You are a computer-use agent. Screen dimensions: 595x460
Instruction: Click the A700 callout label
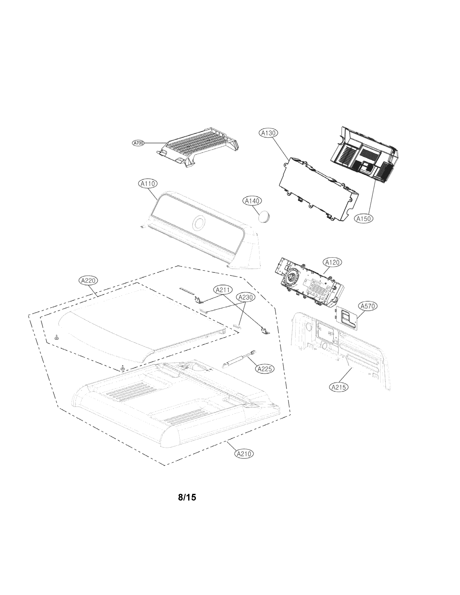pos(138,143)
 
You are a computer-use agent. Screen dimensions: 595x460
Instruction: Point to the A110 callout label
pos(148,184)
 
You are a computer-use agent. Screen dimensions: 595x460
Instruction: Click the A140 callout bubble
pos(252,201)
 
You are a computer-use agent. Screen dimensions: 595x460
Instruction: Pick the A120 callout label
pos(332,262)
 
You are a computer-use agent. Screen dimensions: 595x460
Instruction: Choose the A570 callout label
pos(368,306)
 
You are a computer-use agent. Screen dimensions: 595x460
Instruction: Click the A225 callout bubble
pos(265,369)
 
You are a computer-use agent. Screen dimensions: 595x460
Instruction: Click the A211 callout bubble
pos(223,290)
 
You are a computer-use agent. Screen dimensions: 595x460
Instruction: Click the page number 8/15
pos(187,497)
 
